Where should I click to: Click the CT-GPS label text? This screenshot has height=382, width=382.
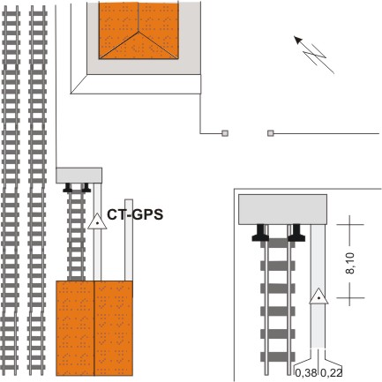tap(135, 214)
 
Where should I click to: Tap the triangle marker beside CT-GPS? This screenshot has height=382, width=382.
tap(97, 222)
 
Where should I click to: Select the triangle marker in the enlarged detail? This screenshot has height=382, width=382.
tap(318, 296)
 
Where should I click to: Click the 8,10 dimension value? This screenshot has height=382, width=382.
tap(350, 263)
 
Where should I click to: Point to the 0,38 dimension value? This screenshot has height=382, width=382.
tap(306, 373)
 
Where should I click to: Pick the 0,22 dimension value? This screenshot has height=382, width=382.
tap(331, 373)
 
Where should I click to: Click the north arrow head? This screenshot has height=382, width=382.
tap(298, 40)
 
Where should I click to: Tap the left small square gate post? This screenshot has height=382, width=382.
tap(225, 133)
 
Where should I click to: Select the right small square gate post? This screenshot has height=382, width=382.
tap(271, 133)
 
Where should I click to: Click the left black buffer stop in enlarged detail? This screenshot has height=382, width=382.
tap(260, 233)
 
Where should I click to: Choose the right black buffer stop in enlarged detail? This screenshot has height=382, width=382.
tap(296, 233)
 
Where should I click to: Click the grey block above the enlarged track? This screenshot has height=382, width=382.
tap(282, 209)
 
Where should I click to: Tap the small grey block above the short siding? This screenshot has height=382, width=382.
tap(79, 176)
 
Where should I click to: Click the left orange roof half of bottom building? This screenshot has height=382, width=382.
tap(75, 328)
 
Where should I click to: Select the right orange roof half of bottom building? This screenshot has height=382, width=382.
tap(114, 328)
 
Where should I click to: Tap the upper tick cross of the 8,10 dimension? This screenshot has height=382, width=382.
tap(349, 225)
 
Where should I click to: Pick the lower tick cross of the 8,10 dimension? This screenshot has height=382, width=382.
tap(349, 297)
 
